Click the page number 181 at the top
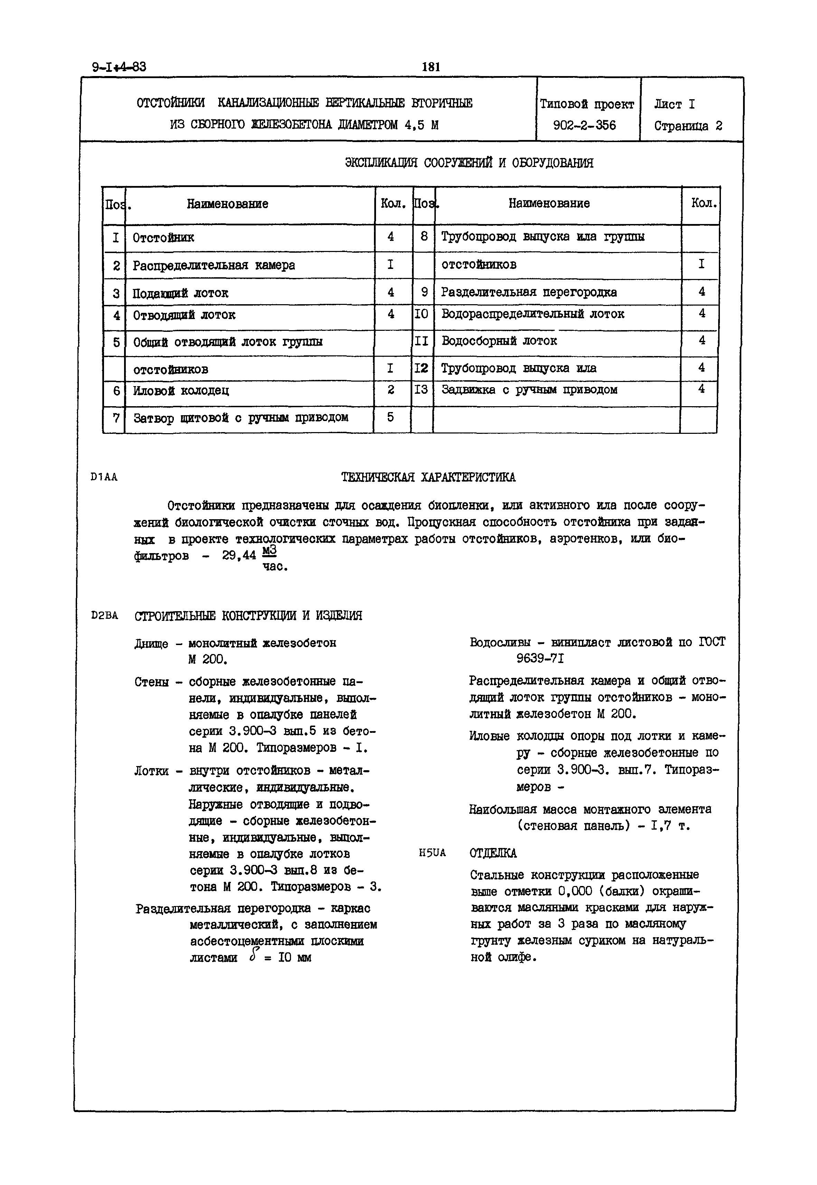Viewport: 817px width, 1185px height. coord(431,67)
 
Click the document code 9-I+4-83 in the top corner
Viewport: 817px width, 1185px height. coord(119,67)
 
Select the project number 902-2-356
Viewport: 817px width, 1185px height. coord(585,125)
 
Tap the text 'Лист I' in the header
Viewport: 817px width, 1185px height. coord(674,104)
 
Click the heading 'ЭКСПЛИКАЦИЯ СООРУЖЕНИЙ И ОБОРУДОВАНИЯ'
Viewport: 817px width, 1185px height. coord(469,163)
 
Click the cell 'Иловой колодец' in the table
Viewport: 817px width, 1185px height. coord(181,391)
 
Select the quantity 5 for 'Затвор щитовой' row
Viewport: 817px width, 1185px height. coord(391,418)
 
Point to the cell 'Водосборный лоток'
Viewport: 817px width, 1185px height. coord(499,341)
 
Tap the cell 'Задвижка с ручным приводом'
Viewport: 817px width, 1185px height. coord(529,390)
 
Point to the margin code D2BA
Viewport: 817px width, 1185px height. coord(104,616)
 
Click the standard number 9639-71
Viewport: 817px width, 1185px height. coord(540,659)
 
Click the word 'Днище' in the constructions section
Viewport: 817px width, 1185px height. coord(151,644)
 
